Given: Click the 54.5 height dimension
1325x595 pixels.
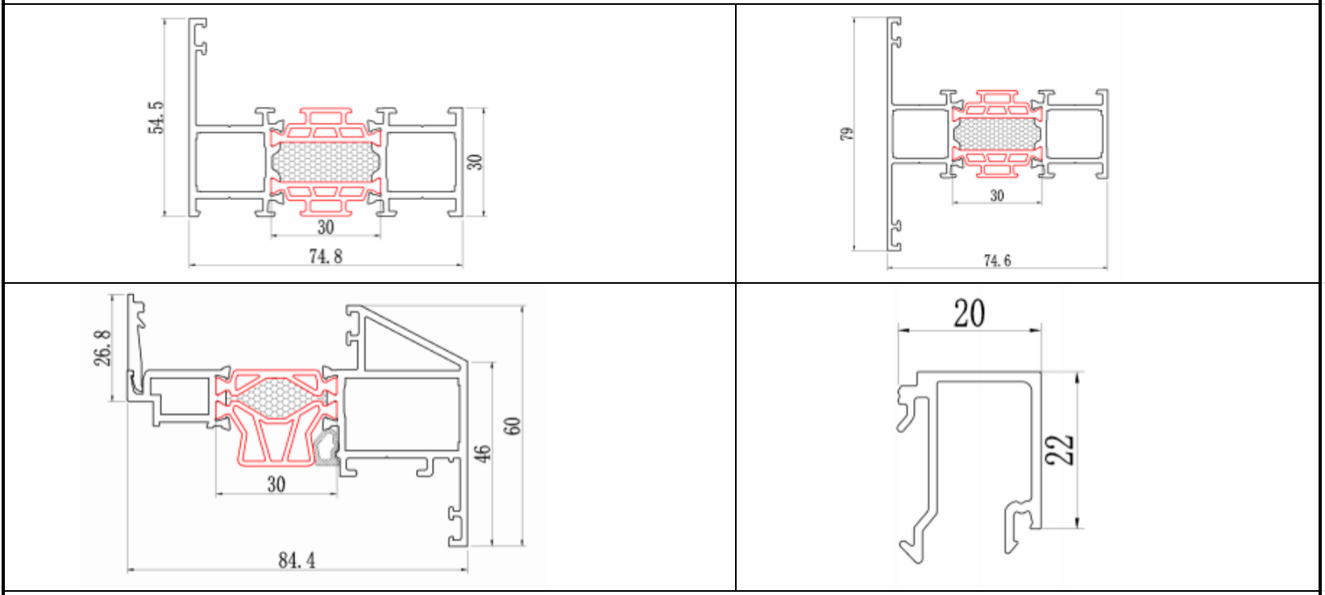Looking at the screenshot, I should [x=156, y=118].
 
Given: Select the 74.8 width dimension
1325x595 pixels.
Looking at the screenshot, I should [x=326, y=256].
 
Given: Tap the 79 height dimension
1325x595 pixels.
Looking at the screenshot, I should [x=846, y=134].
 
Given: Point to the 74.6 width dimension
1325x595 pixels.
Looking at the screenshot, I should [x=997, y=260].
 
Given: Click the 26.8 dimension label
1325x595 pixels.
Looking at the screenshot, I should [x=102, y=347].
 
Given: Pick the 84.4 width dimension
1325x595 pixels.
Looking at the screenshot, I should [x=297, y=560].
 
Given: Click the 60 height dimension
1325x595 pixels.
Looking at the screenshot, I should [x=513, y=426].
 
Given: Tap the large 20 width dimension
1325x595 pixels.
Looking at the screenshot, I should [x=969, y=313].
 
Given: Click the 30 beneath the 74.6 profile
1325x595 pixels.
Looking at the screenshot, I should [x=997, y=196].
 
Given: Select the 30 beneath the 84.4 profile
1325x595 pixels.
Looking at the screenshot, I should [x=276, y=485].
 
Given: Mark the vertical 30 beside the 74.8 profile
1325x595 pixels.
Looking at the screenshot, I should [x=475, y=162].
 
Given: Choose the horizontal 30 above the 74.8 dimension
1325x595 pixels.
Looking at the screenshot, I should [x=326, y=227].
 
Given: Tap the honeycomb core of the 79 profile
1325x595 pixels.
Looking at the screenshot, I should [x=997, y=134].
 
